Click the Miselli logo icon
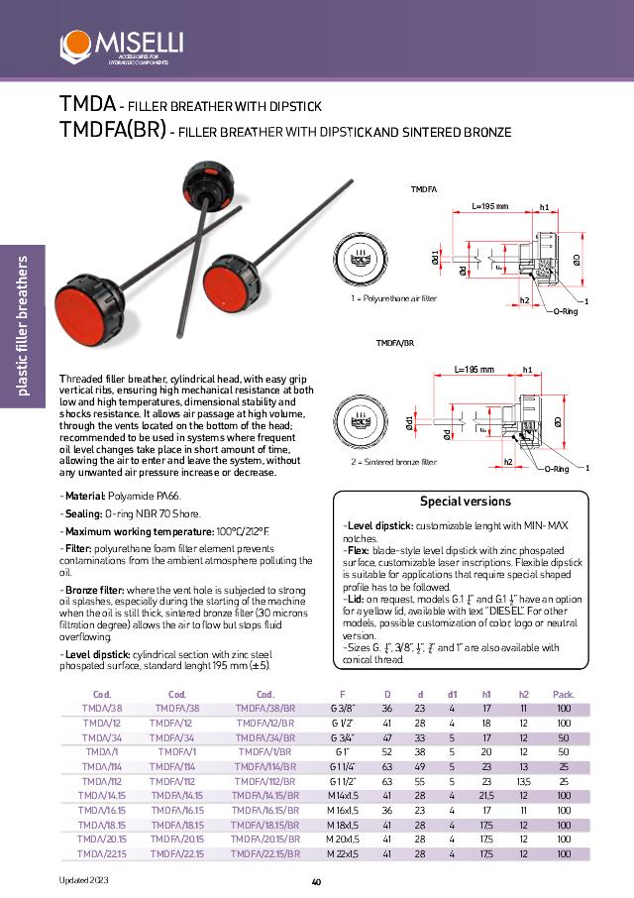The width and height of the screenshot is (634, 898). (x=75, y=45)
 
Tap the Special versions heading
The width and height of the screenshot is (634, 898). (x=466, y=502)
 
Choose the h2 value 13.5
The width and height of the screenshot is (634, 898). (x=523, y=781)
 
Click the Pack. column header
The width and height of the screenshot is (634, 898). (x=563, y=695)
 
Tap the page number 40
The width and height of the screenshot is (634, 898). (x=316, y=882)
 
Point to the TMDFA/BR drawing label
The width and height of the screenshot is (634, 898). (x=394, y=342)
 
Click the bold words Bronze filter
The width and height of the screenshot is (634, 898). (x=98, y=589)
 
